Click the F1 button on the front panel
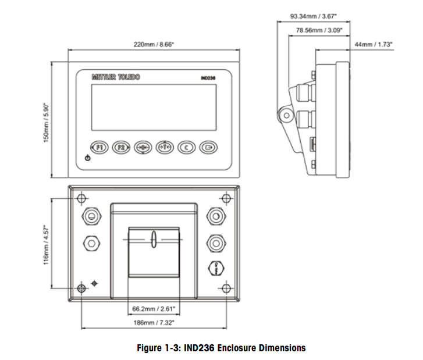(x=99, y=148)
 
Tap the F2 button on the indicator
(x=121, y=148)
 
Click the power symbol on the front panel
(x=87, y=158)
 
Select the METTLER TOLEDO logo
(x=116, y=77)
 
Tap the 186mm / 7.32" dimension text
(x=154, y=322)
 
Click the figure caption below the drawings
(x=221, y=348)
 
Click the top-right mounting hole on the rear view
(x=226, y=197)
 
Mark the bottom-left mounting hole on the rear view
(x=81, y=288)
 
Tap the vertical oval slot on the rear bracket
(x=154, y=240)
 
